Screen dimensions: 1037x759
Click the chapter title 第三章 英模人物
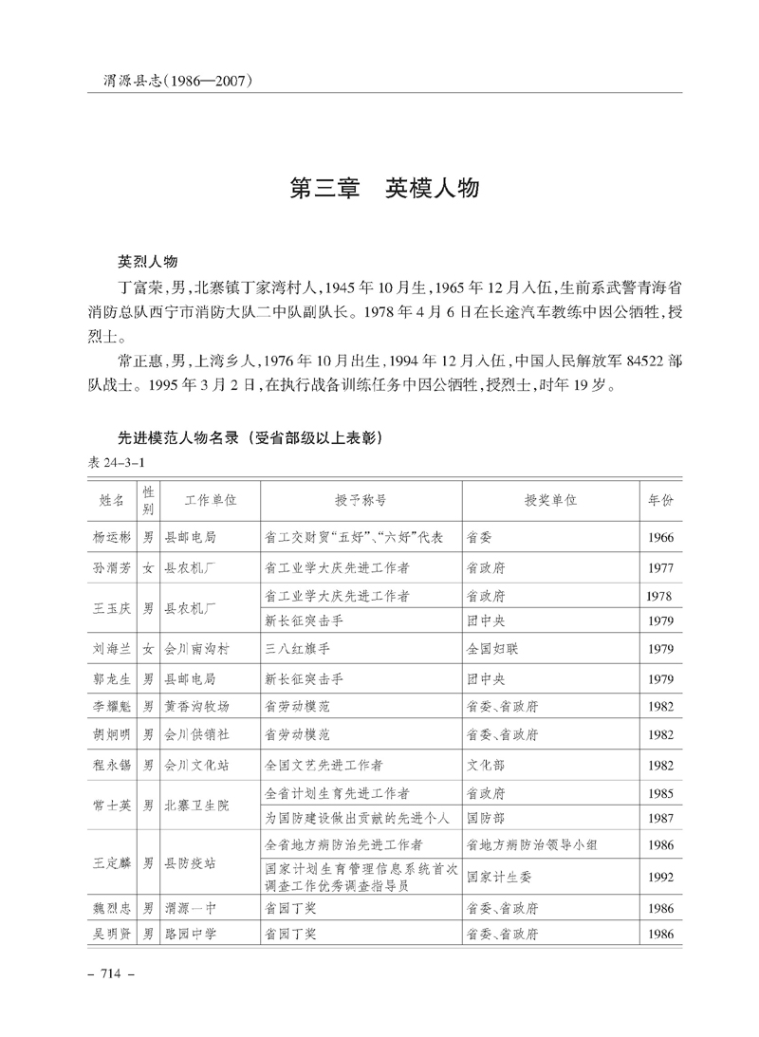(x=384, y=188)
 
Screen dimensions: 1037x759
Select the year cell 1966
(x=660, y=538)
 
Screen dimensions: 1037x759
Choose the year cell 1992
(x=660, y=878)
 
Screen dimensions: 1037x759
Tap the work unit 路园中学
(x=191, y=935)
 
